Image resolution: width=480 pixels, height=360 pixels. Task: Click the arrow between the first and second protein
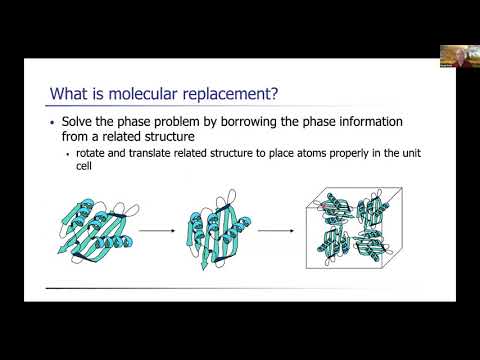[153, 229]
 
